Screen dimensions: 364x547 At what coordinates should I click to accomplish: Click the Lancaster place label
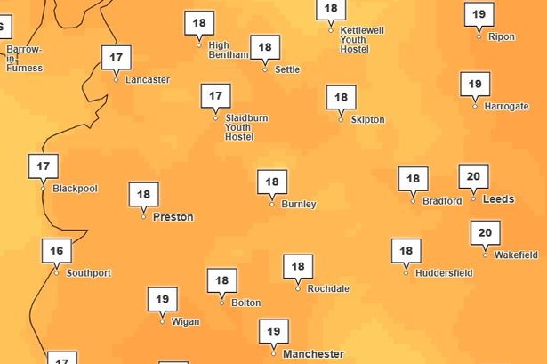tap(147, 80)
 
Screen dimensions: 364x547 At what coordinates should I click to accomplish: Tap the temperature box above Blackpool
tap(44, 166)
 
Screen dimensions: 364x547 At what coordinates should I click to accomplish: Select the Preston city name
tap(173, 216)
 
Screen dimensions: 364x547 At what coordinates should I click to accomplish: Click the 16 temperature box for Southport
tap(56, 250)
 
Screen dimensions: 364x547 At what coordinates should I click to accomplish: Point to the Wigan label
tap(185, 322)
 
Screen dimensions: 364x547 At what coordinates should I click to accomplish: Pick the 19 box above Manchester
tap(273, 331)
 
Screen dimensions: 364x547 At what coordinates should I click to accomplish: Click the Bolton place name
tap(245, 303)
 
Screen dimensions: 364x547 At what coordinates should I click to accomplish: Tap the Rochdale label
tap(327, 289)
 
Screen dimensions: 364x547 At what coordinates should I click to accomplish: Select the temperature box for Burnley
tap(272, 182)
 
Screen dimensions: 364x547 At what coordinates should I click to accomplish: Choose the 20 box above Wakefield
tap(485, 233)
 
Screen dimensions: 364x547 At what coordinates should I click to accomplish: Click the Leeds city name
tap(498, 199)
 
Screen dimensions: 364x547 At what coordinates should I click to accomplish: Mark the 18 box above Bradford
tap(413, 178)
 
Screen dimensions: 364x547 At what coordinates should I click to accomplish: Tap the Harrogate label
tap(506, 107)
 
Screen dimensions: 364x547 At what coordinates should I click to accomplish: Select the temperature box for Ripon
tap(479, 14)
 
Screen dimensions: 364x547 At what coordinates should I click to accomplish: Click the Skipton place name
tap(367, 119)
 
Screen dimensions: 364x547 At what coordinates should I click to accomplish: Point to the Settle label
tap(287, 69)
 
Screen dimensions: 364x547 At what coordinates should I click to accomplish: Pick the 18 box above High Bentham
tap(199, 22)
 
